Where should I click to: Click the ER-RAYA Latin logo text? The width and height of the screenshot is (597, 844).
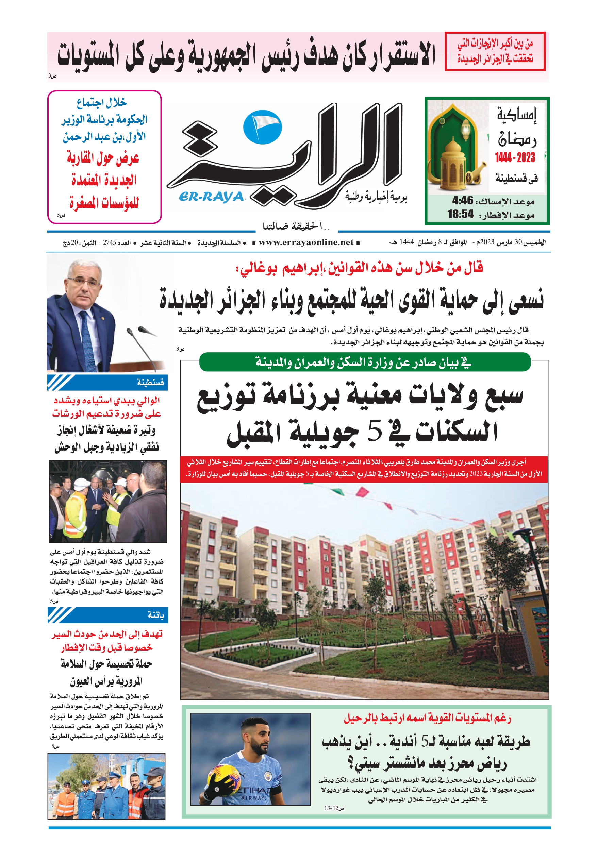(x=212, y=197)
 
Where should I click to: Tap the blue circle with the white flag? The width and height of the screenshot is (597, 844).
(x=262, y=127)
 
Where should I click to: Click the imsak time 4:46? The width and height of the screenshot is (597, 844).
(x=462, y=201)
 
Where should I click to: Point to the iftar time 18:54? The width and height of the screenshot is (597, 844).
(x=460, y=214)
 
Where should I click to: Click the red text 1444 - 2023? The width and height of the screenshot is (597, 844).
(x=515, y=158)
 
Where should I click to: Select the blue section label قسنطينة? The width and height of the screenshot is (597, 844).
(x=150, y=383)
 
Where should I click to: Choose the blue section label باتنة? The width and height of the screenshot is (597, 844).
(x=155, y=615)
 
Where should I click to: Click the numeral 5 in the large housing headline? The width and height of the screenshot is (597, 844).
(x=375, y=432)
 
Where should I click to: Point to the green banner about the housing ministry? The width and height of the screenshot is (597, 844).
(x=365, y=362)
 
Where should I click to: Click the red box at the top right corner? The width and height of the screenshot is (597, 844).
(x=495, y=51)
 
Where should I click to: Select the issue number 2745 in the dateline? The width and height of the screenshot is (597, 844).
(x=109, y=242)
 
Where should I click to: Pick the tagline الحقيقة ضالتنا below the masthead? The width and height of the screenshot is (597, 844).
(x=296, y=226)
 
